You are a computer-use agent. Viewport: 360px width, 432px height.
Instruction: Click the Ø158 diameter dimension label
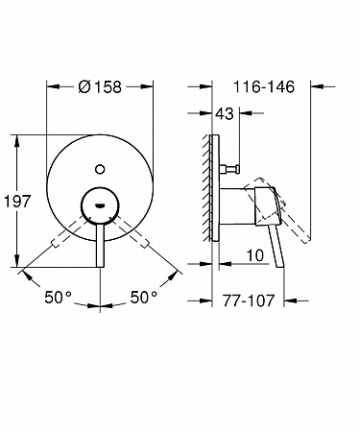click(x=100, y=86)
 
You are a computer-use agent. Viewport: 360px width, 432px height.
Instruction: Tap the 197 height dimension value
click(x=17, y=202)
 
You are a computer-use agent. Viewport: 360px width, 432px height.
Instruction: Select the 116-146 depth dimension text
click(x=264, y=86)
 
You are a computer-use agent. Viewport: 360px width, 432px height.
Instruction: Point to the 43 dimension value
click(x=225, y=113)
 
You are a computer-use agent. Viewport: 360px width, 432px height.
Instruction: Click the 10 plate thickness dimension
click(x=255, y=255)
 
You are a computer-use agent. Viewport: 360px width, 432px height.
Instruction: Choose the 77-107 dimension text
click(x=249, y=300)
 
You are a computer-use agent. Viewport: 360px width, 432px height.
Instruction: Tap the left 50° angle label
click(x=58, y=298)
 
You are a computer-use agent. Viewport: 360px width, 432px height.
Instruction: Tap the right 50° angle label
click(x=144, y=298)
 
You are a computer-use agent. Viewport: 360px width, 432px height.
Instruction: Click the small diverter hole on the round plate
click(x=100, y=169)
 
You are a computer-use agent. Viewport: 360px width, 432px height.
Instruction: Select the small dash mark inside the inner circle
click(x=100, y=205)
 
